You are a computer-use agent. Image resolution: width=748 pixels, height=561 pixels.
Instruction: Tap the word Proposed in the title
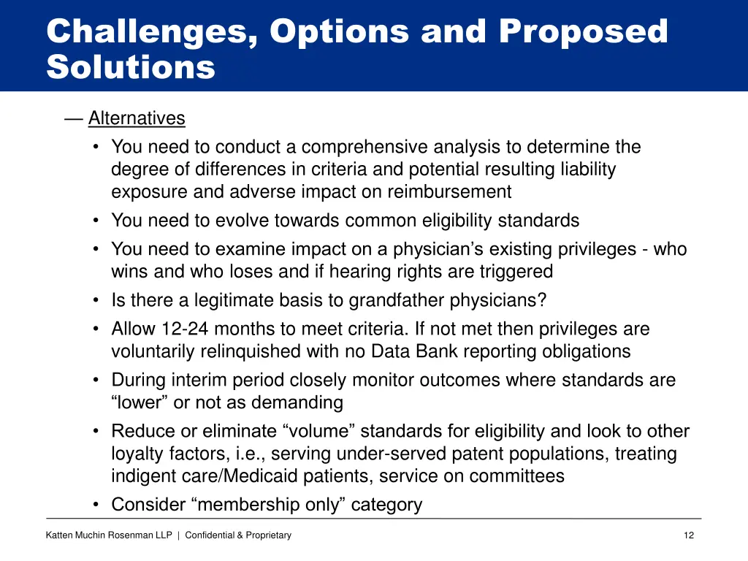[x=583, y=32]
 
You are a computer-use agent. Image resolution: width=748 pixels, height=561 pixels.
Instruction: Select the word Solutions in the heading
[x=131, y=67]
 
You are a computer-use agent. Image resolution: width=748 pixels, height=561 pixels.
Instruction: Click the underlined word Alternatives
[x=137, y=118]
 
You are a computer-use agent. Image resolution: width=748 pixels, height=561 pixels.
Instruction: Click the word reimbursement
[x=449, y=192]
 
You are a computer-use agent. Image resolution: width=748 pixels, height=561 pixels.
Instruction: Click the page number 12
[x=688, y=535]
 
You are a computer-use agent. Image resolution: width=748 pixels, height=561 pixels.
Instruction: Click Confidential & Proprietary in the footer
[x=238, y=535]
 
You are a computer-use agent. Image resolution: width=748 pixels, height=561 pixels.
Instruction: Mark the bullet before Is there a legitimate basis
[x=97, y=300]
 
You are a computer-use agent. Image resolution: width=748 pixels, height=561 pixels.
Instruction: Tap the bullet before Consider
[x=97, y=505]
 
